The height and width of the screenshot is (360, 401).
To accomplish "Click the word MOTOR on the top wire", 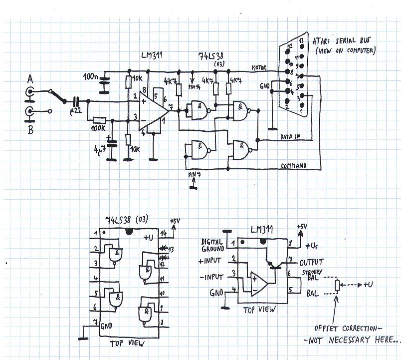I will coord(259,68).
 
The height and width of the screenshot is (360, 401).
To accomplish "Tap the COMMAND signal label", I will coord(295,165).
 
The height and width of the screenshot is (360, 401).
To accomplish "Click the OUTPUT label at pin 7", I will coord(312,262).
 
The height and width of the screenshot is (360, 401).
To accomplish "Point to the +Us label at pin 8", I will coord(310,246).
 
